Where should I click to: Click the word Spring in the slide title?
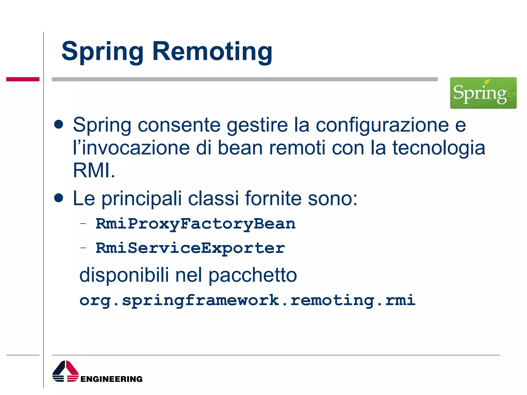click(x=102, y=52)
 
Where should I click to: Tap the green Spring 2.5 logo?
click(x=483, y=93)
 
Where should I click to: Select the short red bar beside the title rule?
click(x=23, y=79)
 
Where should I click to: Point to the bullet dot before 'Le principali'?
click(x=59, y=198)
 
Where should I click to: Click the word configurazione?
click(x=382, y=125)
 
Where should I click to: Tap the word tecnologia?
click(x=438, y=148)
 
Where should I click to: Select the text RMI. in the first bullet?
click(x=94, y=170)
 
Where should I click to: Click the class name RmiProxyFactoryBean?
click(x=195, y=224)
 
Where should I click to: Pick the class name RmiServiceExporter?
click(x=190, y=248)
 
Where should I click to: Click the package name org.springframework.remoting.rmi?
click(x=247, y=300)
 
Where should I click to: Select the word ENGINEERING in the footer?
click(x=111, y=379)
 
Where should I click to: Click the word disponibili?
click(x=124, y=275)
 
